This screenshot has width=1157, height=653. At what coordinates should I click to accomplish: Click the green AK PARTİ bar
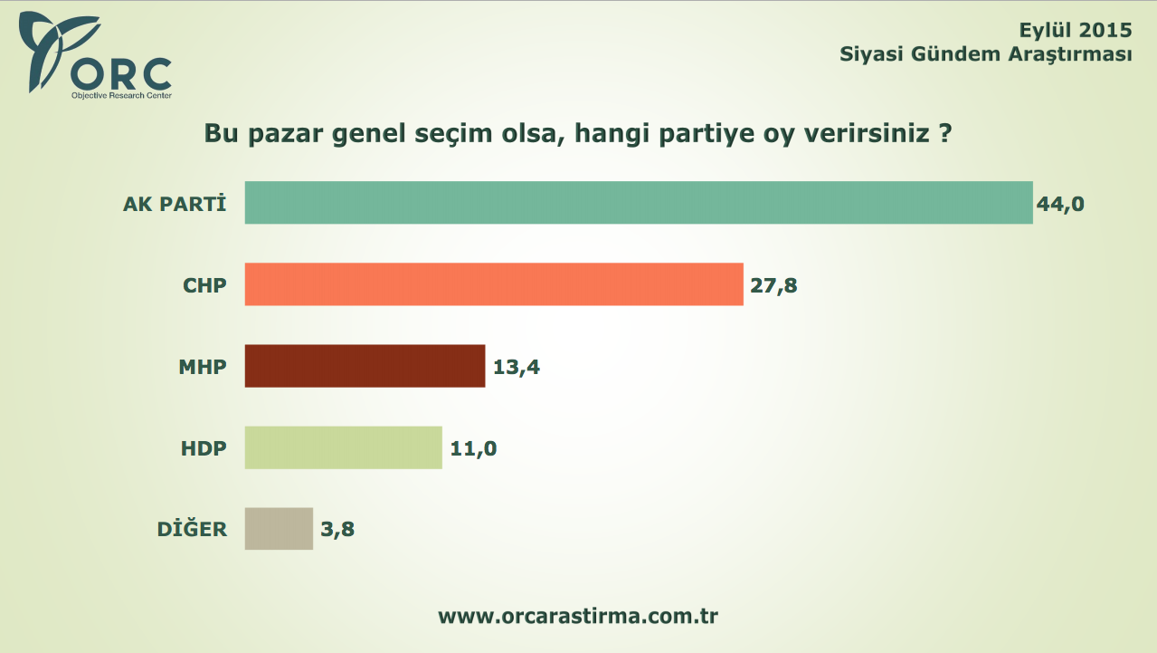click(639, 203)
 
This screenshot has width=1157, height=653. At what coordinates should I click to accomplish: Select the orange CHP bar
click(494, 284)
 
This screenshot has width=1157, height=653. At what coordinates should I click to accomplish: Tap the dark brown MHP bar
click(365, 366)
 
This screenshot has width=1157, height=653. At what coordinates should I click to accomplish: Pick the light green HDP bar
click(343, 447)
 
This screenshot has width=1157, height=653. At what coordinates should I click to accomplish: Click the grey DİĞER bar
click(279, 529)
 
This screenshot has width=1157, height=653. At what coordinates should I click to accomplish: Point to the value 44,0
click(1060, 205)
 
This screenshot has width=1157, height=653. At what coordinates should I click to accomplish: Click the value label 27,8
click(774, 286)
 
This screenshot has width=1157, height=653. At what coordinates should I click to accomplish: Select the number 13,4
click(517, 368)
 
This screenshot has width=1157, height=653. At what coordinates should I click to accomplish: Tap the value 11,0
click(473, 449)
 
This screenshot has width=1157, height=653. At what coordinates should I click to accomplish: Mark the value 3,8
click(337, 531)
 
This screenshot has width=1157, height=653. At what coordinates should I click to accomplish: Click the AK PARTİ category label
click(174, 204)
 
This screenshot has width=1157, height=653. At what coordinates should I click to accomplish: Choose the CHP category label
click(204, 285)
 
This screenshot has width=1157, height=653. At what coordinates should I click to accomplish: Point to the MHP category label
click(202, 367)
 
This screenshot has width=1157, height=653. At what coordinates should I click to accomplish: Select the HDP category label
click(203, 448)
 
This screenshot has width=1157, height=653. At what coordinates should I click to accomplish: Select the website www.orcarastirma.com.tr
click(578, 617)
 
